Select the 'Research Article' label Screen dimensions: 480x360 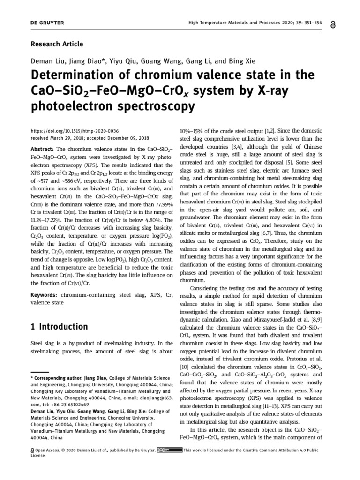click(57, 44)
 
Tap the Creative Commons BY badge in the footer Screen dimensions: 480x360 click(170, 450)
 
